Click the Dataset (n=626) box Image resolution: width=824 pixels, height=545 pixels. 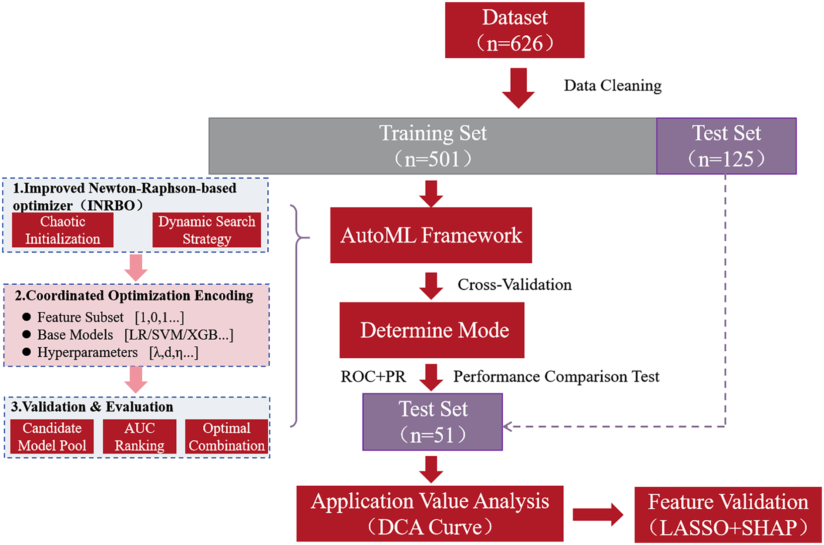(x=514, y=30)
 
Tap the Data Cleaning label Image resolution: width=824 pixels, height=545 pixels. (x=612, y=85)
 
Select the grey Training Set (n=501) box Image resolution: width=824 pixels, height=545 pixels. (x=432, y=146)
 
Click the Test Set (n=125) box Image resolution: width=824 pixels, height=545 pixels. (x=726, y=146)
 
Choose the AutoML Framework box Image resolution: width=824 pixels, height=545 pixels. (x=430, y=235)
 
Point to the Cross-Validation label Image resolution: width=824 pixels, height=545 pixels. (x=515, y=285)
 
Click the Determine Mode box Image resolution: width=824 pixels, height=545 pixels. (x=432, y=330)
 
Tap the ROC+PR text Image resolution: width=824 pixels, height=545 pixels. (x=373, y=377)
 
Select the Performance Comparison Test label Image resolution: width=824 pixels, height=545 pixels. (x=556, y=377)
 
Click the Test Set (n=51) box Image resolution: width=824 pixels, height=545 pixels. (x=432, y=422)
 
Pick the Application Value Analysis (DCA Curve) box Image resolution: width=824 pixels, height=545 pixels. (x=430, y=514)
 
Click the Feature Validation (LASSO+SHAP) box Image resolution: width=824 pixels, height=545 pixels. (x=728, y=515)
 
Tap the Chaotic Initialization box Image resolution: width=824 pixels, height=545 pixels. (x=63, y=230)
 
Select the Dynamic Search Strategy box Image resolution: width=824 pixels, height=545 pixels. (x=207, y=230)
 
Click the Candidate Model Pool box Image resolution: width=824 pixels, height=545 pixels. (x=52, y=437)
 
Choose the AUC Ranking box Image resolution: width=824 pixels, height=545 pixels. (x=139, y=437)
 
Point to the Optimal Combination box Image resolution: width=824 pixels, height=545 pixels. (x=226, y=437)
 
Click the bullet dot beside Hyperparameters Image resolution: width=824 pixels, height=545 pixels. (x=27, y=352)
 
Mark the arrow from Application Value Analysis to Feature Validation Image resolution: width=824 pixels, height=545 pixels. (x=598, y=515)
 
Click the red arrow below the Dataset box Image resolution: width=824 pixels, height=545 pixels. (x=518, y=87)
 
